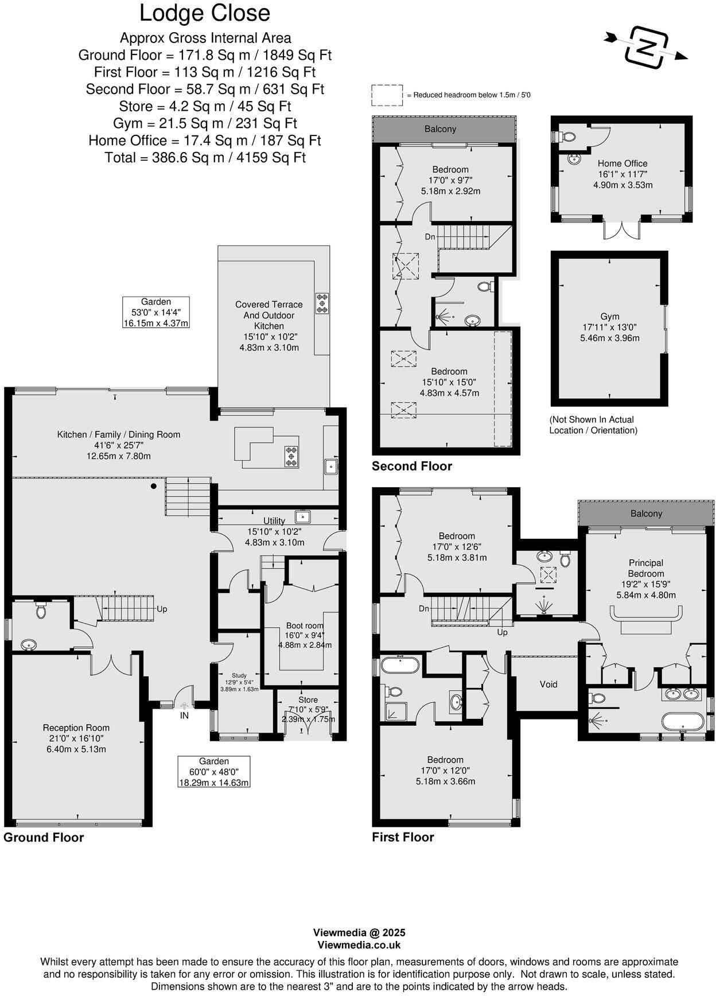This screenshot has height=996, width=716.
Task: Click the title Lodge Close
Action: (205, 14)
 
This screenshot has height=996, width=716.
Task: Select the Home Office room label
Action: (622, 164)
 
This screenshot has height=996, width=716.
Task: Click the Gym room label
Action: (610, 317)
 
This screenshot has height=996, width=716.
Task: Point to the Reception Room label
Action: (76, 728)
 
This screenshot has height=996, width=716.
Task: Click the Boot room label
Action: (305, 626)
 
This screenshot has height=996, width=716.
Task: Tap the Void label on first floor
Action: (548, 684)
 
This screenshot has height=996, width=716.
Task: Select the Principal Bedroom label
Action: (646, 568)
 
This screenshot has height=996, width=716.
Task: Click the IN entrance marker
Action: (184, 715)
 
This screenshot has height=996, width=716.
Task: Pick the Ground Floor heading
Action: (44, 837)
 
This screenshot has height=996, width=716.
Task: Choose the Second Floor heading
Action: (412, 466)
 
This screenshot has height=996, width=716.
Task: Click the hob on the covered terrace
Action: (322, 303)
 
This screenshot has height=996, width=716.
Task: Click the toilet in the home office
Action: (568, 137)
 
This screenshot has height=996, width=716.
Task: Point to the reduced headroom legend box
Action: (387, 95)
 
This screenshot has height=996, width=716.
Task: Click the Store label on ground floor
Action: (308, 700)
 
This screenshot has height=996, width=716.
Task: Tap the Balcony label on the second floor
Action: (440, 129)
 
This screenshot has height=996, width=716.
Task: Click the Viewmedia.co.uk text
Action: (359, 945)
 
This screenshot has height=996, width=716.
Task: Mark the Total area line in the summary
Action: (205, 157)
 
